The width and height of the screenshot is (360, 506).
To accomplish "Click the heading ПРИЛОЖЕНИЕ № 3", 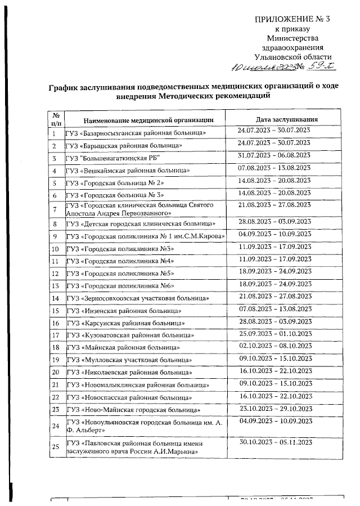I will tap(292, 19).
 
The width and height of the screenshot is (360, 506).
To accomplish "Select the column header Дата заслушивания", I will tap(287, 119).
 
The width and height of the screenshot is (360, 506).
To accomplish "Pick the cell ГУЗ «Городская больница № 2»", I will tap(115, 183).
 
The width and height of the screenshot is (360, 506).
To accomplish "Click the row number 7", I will tap(55, 209).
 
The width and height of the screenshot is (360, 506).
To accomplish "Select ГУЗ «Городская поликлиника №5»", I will tap(119, 273).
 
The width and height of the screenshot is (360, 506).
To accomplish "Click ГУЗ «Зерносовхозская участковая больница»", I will tap(138, 298).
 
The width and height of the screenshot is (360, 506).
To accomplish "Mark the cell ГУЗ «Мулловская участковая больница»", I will tap(129, 360).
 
